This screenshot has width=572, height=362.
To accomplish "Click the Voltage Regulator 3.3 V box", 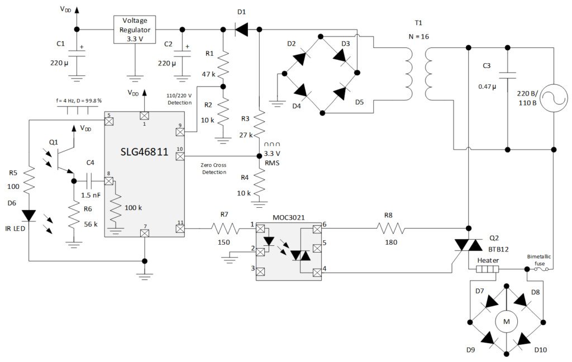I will click(x=135, y=29).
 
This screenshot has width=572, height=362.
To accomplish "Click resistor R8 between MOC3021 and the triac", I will click(x=391, y=228).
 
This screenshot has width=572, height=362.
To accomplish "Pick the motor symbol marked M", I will click(x=507, y=321).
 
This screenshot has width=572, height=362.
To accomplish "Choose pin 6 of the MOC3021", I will click(x=317, y=228).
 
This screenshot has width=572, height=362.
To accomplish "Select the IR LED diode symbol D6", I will click(x=28, y=215).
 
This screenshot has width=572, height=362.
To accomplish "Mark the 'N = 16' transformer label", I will click(x=419, y=38).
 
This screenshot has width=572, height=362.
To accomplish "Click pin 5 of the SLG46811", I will click(x=109, y=120).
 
